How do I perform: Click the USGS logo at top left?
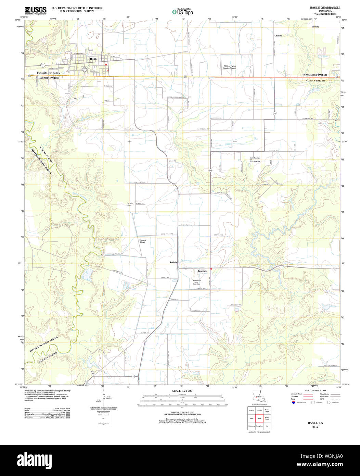[x=36, y=10]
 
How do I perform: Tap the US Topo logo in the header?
[x=182, y=12]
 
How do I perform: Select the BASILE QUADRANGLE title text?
[x=320, y=8]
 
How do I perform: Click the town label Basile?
[x=93, y=59]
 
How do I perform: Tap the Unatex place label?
[x=278, y=35]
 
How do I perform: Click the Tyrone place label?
[x=315, y=26]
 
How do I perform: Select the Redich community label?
[x=173, y=263]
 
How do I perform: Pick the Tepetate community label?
[x=202, y=271]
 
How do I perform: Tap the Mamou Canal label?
[x=142, y=241]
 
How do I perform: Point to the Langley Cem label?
[x=130, y=204]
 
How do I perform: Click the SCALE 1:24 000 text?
[x=182, y=391]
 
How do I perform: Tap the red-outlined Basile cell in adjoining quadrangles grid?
[x=259, y=418]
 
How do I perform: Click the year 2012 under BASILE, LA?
[x=315, y=427]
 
